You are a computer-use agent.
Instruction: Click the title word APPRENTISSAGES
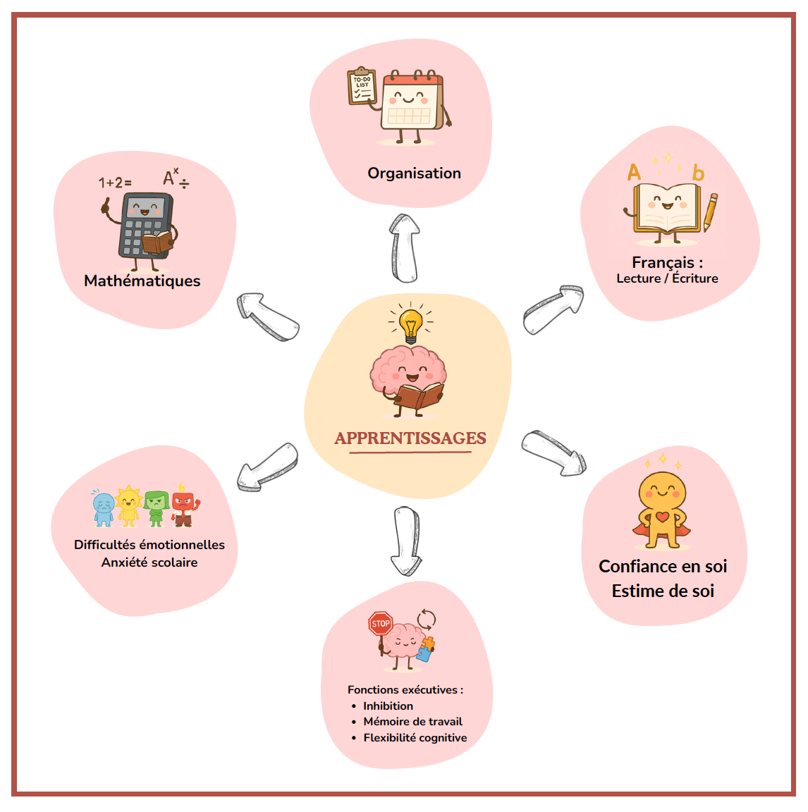(x=410, y=438)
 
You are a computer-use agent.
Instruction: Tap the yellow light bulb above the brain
(x=410, y=325)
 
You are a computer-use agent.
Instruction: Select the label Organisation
(x=414, y=173)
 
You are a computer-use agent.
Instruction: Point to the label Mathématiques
(x=142, y=281)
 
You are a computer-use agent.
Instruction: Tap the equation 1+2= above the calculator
(x=115, y=183)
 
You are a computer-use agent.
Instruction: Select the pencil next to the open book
(x=711, y=212)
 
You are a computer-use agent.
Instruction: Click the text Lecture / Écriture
(x=667, y=278)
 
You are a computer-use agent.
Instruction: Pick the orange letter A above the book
(x=635, y=173)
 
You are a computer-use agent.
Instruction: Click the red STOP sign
(x=381, y=624)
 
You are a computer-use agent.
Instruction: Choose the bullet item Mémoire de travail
(x=412, y=722)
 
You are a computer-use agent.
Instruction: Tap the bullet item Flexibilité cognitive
(x=415, y=738)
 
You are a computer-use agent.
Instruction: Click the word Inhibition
(x=388, y=706)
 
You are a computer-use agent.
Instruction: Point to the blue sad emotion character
(x=104, y=508)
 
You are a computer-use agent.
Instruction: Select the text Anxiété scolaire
(x=149, y=562)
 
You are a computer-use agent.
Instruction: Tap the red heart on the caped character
(x=662, y=517)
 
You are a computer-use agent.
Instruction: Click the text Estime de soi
(x=663, y=591)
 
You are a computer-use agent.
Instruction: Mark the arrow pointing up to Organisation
(x=405, y=247)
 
